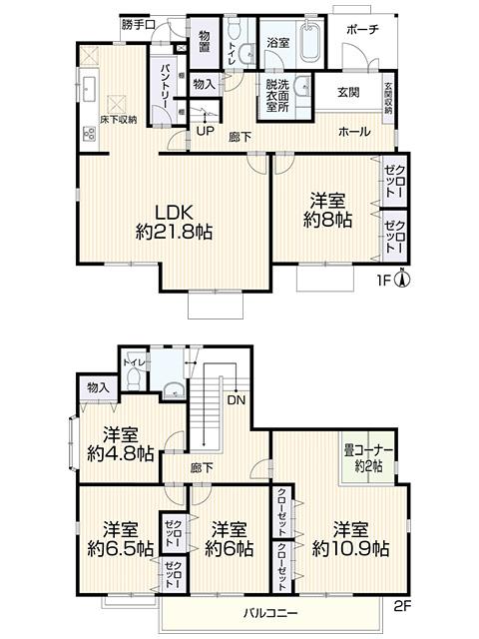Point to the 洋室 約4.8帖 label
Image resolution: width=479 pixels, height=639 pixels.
(119, 443)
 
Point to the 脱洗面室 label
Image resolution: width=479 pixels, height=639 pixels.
(277, 96)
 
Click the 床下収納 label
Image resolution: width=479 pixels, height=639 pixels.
(116, 121)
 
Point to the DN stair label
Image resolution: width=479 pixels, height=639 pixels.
(238, 399)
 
